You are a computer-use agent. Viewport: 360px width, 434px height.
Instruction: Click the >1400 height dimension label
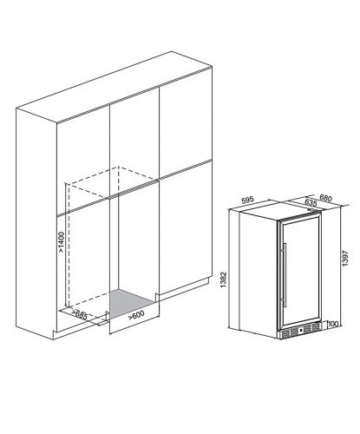[62, 242]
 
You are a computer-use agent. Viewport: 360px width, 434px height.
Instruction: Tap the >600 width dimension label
[136, 315]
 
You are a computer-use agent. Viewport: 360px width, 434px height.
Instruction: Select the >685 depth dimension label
[80, 314]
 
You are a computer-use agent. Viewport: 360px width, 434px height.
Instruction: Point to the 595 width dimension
[247, 200]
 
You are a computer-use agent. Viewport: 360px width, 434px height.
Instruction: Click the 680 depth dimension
[325, 198]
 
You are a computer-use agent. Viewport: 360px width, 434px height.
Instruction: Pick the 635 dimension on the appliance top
[311, 203]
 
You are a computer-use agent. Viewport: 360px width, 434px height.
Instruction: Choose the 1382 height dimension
[224, 280]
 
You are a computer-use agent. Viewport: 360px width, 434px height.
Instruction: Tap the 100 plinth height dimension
[333, 324]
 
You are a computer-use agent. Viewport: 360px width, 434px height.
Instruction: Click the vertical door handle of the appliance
[285, 275]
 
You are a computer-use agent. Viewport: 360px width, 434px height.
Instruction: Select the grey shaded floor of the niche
[133, 303]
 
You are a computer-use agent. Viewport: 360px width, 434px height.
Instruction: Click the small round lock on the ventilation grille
[301, 330]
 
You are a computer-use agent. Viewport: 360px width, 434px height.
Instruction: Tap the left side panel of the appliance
[258, 275]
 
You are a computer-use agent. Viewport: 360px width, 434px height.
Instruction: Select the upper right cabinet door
[186, 123]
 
